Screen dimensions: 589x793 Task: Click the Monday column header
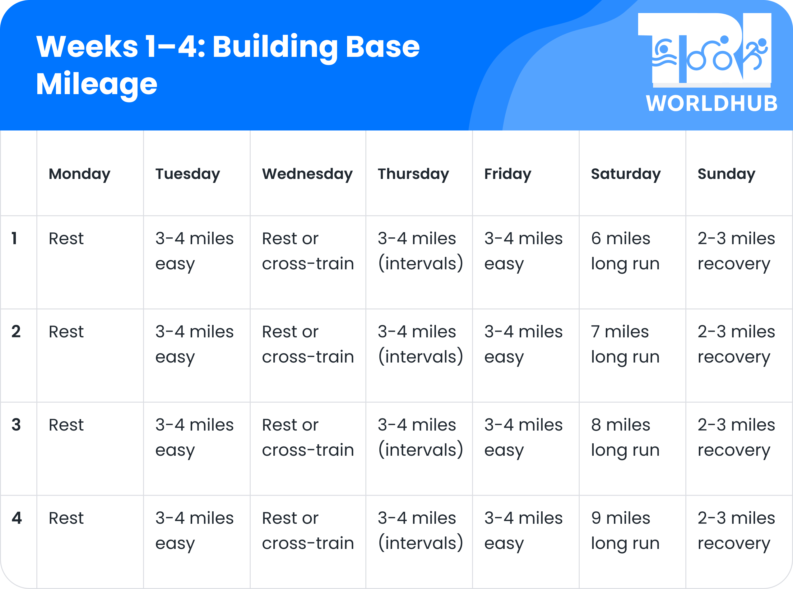click(79, 174)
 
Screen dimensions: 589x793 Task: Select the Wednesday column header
click(307, 174)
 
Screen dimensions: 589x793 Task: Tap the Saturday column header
click(626, 174)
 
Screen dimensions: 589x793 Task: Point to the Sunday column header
click(726, 174)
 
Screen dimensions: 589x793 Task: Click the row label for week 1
click(15, 238)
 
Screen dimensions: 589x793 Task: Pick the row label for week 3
click(16, 425)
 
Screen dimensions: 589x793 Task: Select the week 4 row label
click(16, 518)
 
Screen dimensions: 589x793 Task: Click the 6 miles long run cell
click(625, 251)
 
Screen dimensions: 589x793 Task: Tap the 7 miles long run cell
click(625, 344)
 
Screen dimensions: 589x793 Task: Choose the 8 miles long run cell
click(625, 437)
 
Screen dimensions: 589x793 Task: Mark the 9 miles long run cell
click(625, 531)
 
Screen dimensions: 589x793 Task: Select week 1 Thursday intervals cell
click(420, 251)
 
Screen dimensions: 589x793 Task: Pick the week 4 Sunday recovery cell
click(736, 531)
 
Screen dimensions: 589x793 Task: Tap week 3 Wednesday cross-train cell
click(308, 437)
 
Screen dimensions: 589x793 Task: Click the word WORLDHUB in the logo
click(712, 104)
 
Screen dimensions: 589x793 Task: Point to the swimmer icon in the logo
click(664, 55)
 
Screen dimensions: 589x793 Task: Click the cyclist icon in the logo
click(710, 55)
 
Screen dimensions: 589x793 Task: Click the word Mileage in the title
click(97, 84)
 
